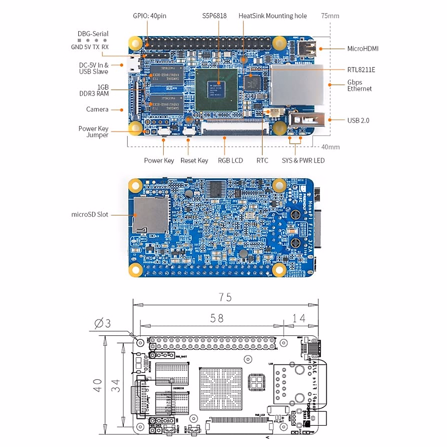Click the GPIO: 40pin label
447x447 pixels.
point(149,16)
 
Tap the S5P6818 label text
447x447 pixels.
point(214,16)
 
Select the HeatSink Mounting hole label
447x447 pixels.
point(272,16)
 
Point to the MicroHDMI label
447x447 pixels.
point(362,49)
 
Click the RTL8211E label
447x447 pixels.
point(361,70)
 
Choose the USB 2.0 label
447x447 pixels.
point(358,120)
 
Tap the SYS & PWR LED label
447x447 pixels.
point(303,161)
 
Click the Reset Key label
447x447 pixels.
point(194,161)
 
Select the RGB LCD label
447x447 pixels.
point(230,161)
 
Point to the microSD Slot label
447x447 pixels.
point(90,215)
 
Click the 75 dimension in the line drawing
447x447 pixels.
point(225,297)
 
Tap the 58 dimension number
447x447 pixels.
point(217,318)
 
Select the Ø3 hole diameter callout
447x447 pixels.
point(102,323)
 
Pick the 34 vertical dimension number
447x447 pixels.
point(115,385)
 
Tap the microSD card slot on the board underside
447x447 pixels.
point(150,215)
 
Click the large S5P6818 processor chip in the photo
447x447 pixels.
point(216,89)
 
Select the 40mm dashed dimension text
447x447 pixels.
point(330,147)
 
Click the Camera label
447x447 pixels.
point(97,110)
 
